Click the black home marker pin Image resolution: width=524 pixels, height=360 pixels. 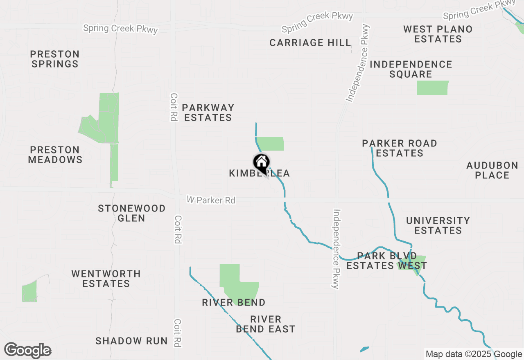point(261,163)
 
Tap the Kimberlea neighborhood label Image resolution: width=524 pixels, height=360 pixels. point(259,173)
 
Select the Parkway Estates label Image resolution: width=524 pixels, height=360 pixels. point(208,112)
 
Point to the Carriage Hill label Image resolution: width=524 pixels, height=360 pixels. point(310,43)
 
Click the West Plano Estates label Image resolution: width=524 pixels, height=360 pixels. point(438,34)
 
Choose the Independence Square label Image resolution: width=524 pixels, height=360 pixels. point(411,69)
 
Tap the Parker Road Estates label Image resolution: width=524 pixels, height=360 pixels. point(400,148)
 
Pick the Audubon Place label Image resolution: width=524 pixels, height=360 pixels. point(492,170)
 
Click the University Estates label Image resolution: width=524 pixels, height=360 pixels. point(438,225)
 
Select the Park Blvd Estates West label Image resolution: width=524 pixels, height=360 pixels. point(386,261)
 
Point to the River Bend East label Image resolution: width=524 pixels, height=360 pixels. point(266,324)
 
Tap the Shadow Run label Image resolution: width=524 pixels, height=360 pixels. point(131,341)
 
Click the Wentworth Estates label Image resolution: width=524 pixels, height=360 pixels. point(106,279)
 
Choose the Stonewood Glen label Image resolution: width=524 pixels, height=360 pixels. point(132,213)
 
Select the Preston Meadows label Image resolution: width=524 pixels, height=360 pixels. point(55,155)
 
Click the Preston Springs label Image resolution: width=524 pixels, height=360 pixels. point(55,59)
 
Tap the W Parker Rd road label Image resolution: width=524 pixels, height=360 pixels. point(211,200)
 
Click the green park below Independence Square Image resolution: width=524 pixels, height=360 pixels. point(433,88)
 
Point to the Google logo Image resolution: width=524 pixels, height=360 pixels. point(28,351)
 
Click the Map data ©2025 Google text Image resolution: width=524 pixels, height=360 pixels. point(474,354)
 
